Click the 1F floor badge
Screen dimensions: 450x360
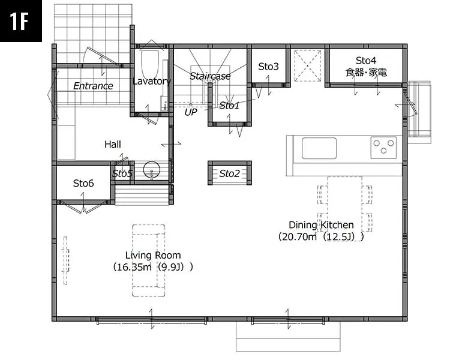20,20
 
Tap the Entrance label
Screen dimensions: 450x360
93,86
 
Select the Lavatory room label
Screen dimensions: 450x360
152,81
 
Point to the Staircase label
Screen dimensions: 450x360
210,76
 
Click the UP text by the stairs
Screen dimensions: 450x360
191,112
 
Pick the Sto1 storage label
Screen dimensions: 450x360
229,106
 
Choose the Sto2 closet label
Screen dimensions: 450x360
229,173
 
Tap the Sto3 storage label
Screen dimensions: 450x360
268,67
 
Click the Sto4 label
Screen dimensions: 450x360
366,61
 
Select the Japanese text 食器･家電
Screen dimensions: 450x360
366,73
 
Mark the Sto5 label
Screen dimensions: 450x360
122,173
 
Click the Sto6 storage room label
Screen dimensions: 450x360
83,183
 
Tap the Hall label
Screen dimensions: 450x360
113,144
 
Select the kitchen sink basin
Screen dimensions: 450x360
319,148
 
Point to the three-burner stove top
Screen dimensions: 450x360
384,148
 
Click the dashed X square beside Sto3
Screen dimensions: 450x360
308,66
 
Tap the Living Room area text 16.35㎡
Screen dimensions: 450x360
133,267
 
